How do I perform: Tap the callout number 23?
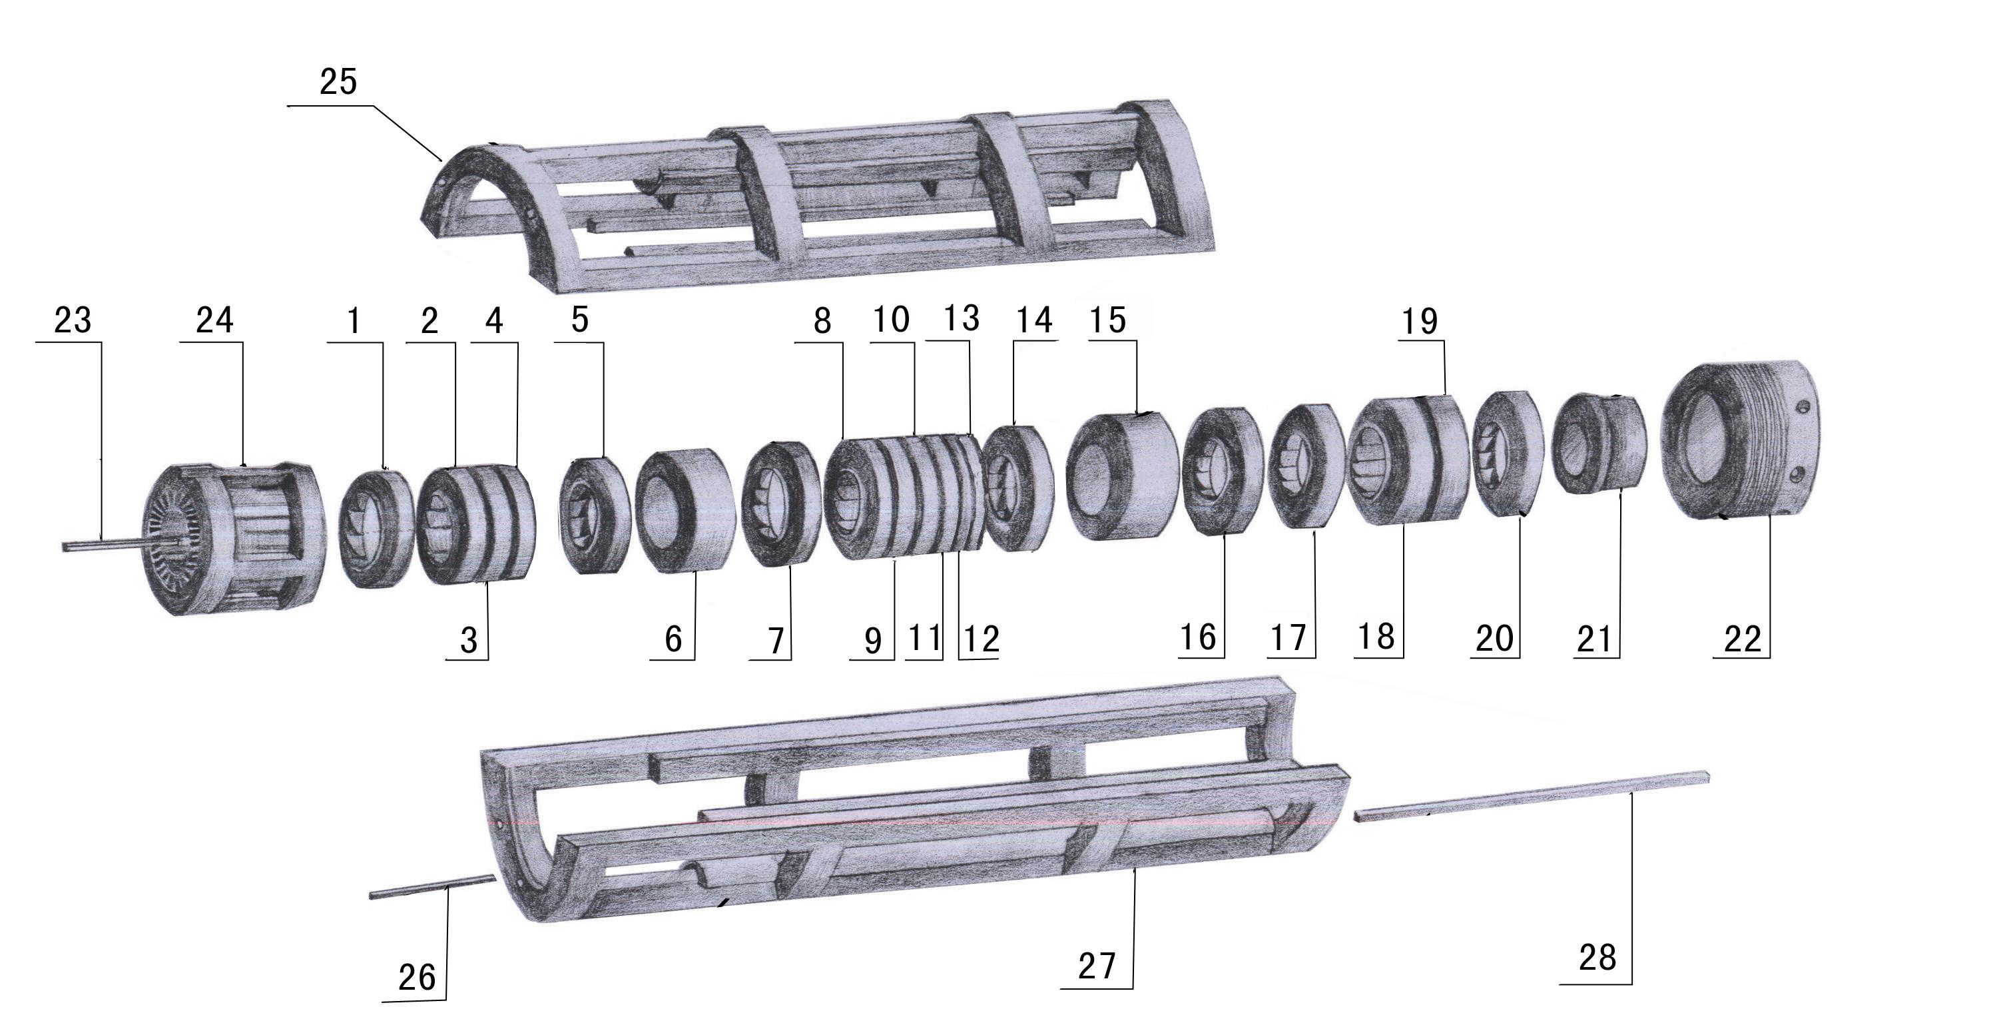pos(73,320)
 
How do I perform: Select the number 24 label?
pos(214,320)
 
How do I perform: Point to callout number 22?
pos(1743,639)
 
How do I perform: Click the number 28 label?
pos(1597,958)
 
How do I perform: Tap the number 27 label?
pos(1097,966)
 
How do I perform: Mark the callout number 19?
pos(1419,322)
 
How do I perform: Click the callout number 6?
pos(673,639)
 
